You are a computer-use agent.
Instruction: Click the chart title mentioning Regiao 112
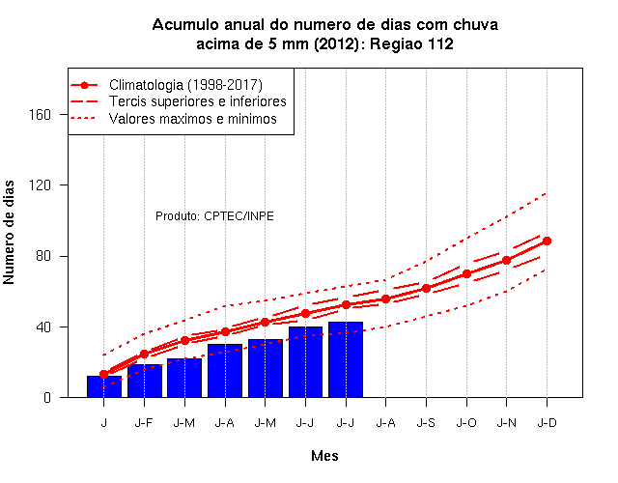pos(325,35)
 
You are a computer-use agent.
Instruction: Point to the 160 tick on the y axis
pos(41,115)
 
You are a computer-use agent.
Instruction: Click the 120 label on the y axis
pos(41,185)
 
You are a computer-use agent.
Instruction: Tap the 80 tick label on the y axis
pos(43,256)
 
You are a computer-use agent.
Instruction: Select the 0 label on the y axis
pos(47,397)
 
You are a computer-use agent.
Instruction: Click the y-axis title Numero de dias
pos(9,233)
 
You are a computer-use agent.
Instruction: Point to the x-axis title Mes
pos(324,456)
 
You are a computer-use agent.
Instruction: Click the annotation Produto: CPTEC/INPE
pos(214,216)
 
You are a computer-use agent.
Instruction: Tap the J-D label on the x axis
pos(548,423)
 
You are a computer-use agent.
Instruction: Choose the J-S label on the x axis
pos(426,423)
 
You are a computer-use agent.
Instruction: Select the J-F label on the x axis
pos(144,423)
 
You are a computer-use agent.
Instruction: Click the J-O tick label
pos(466,423)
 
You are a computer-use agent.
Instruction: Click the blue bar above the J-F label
pos(145,381)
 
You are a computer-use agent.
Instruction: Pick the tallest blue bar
pos(346,359)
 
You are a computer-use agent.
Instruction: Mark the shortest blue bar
pos(104,386)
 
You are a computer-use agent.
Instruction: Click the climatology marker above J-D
pos(548,241)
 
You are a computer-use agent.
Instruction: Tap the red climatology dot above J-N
pos(507,260)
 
